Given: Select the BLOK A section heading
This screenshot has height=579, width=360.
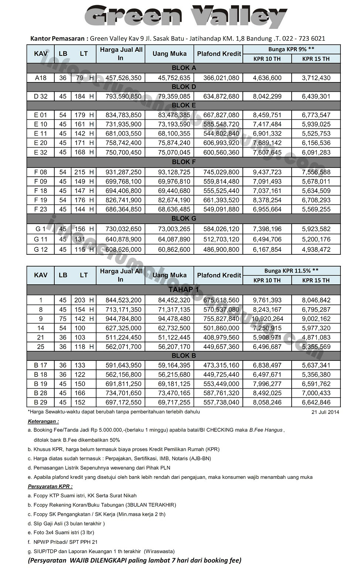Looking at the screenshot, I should tap(184, 68).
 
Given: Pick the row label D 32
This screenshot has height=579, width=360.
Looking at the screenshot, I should tap(41, 96).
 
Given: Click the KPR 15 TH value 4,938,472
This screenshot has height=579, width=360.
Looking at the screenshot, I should tap(316, 250).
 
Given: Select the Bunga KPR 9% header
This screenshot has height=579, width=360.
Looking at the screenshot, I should tap(291, 49).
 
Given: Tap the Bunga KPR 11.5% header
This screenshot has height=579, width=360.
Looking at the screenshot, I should tap(291, 271).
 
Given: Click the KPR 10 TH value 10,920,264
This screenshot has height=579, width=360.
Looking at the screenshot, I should tap(267, 319).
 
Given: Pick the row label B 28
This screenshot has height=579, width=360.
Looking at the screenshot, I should tap(41, 393).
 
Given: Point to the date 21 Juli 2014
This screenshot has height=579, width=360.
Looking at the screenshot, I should tap(325, 412).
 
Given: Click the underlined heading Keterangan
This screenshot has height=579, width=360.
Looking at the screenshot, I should tap(43, 421).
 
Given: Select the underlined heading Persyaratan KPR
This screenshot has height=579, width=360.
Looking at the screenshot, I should tap(50, 486).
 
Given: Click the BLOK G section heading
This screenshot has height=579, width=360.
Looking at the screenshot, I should tap(184, 219).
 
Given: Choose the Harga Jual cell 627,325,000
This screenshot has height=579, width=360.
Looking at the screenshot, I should tap(123, 328).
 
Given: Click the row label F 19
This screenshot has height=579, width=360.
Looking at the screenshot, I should tap(41, 200).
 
